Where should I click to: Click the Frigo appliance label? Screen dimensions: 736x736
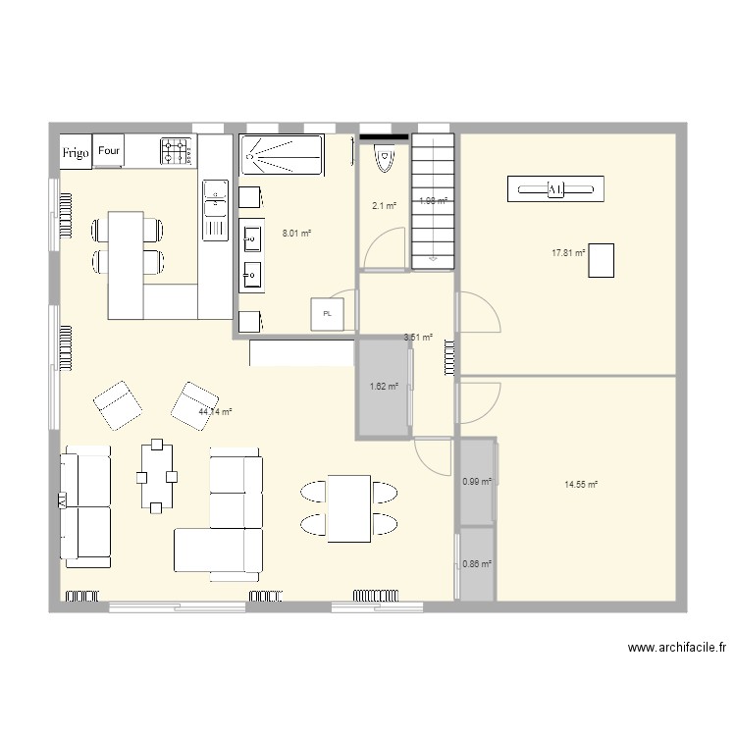[77, 153]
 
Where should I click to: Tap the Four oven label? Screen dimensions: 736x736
[110, 151]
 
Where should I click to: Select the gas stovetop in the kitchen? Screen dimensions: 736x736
[177, 150]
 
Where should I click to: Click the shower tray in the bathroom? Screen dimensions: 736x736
[280, 156]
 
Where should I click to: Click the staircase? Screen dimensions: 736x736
[433, 201]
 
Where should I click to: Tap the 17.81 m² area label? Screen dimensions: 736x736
[568, 252]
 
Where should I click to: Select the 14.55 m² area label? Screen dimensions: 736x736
[581, 485]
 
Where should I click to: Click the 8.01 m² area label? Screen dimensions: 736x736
[296, 234]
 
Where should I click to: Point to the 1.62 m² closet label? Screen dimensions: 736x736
[384, 387]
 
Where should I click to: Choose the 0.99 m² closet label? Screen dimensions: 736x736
[476, 481]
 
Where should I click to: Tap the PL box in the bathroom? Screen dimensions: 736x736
[327, 314]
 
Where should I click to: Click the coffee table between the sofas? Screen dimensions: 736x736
[158, 477]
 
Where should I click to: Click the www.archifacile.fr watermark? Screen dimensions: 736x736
[677, 648]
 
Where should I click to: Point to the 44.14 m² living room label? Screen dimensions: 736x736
[215, 412]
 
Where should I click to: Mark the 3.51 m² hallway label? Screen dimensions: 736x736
[418, 338]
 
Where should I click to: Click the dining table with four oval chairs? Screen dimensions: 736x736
[348, 507]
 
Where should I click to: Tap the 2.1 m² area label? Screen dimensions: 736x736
[383, 206]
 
